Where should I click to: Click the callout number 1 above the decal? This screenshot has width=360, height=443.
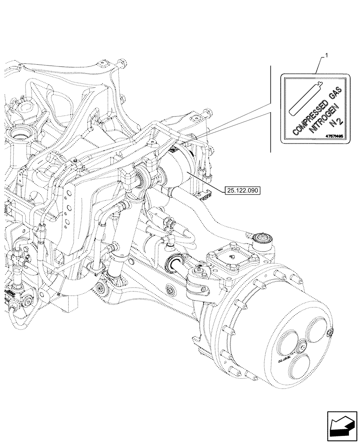(326, 55)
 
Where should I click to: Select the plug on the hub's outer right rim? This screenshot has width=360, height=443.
(329, 333)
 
